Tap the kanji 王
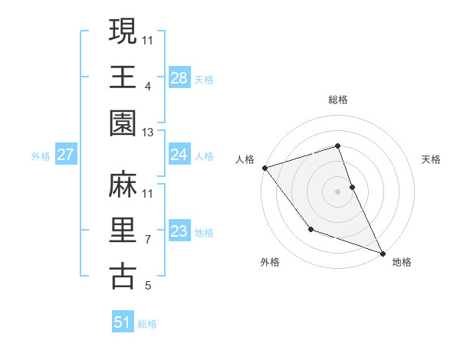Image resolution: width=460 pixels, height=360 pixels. (123, 77)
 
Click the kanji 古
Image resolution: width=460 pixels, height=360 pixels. (123, 276)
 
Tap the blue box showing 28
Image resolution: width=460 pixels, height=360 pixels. (179, 77)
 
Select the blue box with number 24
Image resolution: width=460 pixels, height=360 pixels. (179, 155)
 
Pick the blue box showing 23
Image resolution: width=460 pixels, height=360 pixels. (179, 231)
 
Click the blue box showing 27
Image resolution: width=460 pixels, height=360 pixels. (65, 155)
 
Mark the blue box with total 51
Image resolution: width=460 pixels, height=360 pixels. (123, 322)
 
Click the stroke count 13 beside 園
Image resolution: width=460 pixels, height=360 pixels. (148, 133)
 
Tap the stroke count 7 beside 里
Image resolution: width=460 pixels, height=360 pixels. (147, 240)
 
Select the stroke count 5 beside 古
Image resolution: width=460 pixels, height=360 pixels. (147, 286)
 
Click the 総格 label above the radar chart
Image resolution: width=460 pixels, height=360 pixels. (338, 100)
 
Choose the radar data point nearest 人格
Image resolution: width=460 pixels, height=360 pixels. (264, 167)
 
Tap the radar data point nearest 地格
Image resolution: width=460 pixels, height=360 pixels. (383, 254)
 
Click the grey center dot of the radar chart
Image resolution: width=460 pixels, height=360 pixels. (338, 191)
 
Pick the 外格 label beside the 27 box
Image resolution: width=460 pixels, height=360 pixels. (41, 156)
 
